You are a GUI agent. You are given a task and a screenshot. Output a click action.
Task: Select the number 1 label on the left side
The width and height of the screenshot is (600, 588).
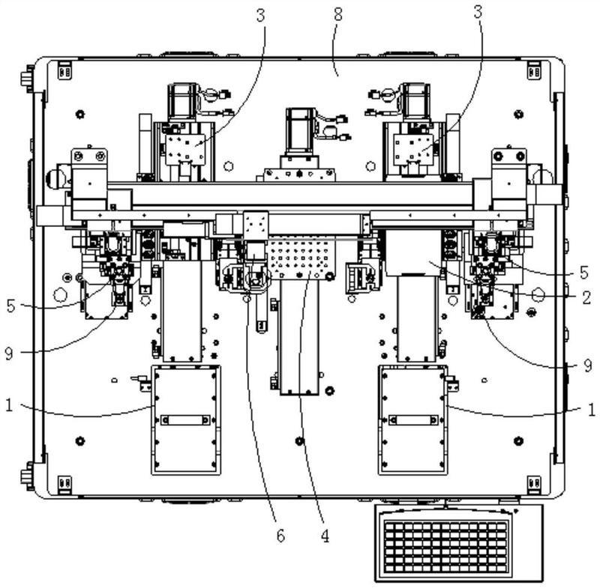tap(9, 405)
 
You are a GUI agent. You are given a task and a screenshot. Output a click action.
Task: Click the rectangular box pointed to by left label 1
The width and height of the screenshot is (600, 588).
tap(186, 419)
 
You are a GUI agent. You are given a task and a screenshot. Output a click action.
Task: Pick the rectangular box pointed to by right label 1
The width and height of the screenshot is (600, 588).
tap(413, 419)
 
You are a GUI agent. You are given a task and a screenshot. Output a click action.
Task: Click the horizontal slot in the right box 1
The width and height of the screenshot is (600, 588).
tap(413, 419)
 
